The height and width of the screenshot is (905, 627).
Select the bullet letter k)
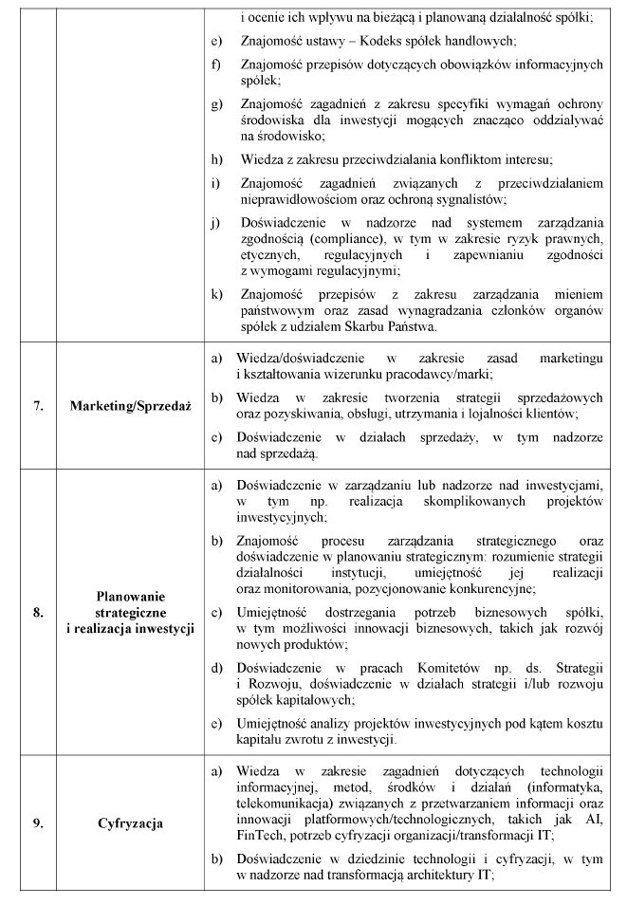216,293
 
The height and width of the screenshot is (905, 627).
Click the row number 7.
39,406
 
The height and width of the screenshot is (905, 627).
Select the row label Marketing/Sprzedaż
131,406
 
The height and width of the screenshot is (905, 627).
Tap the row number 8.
39,612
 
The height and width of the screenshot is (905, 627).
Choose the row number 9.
39,823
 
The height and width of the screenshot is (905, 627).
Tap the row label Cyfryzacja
131,823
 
